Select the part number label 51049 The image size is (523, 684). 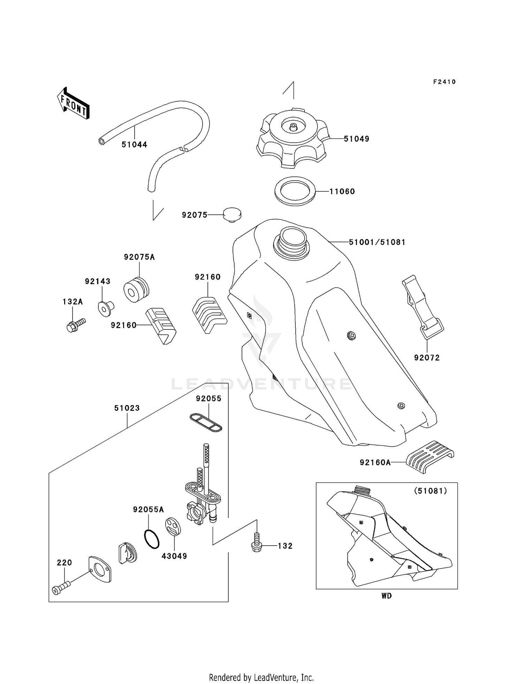click(356, 139)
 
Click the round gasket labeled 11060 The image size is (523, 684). click(295, 191)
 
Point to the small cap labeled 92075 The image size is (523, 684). click(232, 215)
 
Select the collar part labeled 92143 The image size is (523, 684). click(105, 308)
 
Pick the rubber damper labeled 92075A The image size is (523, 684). click(136, 289)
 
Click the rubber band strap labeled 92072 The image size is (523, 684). click(422, 307)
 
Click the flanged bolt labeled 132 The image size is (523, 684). click(257, 545)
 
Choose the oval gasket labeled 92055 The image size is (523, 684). click(206, 423)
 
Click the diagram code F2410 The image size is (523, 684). click(444, 82)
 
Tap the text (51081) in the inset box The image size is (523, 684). click(430, 491)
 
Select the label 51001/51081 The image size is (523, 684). click(377, 242)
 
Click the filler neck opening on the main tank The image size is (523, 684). click(292, 237)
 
